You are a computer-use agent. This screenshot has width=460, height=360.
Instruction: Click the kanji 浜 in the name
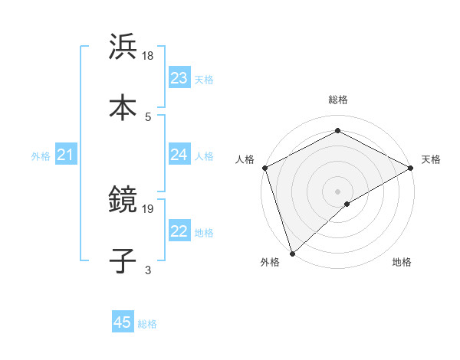pos(123,47)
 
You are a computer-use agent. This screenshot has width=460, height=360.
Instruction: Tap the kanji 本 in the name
pos(123,107)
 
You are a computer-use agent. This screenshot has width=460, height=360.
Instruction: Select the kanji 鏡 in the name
pos(123,201)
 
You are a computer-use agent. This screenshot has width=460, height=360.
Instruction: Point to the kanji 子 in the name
pos(123,260)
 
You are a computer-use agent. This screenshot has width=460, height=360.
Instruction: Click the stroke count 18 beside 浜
pos(149,56)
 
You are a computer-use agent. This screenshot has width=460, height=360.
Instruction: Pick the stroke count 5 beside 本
pos(148,116)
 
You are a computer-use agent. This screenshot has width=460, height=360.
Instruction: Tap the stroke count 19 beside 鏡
pos(149,208)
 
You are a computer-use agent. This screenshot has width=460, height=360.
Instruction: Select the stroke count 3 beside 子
pos(148,270)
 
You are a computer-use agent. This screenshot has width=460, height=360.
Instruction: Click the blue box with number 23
pos(179,78)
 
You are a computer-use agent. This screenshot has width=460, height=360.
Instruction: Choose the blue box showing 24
pos(179,155)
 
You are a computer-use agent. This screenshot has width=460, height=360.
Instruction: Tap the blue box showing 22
pos(179,232)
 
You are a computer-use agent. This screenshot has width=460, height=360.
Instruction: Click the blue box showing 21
pos(66,155)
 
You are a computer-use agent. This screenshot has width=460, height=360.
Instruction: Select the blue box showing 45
pos(123,322)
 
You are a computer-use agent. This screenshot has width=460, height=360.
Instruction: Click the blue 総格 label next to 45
pos(147,324)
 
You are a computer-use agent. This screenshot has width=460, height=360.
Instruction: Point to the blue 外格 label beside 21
pos(41,156)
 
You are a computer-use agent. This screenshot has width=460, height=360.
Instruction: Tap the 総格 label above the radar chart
pos(337,100)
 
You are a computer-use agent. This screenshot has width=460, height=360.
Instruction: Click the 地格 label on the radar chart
pos(402,263)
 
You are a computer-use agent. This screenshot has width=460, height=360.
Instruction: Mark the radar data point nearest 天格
pos(411,168)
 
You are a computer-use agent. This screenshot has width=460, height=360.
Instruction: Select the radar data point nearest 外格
pos(292,253)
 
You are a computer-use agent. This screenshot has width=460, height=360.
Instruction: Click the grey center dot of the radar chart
pos(337,191)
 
